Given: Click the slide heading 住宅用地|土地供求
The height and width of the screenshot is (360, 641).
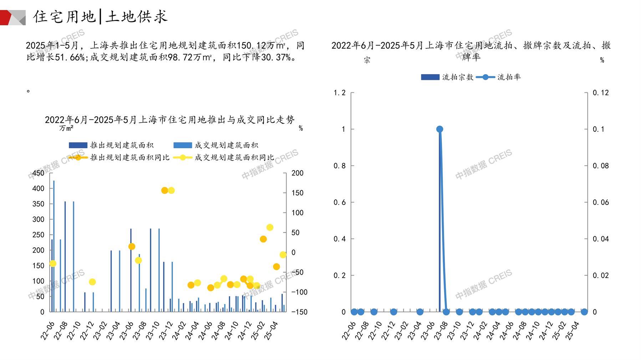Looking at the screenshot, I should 100,16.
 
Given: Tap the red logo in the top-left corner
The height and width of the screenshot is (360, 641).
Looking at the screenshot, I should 13,17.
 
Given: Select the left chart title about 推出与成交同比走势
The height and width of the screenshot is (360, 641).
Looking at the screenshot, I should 170,120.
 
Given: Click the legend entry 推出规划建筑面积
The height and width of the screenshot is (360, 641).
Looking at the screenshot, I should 111,145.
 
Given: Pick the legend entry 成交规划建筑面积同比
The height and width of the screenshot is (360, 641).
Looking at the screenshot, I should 224,158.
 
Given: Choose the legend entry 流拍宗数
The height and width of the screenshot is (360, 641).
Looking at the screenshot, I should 447,77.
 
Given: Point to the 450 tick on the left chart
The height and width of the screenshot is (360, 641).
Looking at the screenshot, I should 38,173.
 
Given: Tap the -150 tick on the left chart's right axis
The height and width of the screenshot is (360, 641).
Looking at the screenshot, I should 299,312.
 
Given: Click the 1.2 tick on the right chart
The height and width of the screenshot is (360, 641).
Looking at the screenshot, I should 340,93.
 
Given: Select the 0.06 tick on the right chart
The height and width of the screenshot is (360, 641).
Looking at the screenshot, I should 601,202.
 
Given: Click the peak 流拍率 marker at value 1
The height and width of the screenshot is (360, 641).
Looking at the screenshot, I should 439,129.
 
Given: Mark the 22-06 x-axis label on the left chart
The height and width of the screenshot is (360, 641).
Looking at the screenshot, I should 48,330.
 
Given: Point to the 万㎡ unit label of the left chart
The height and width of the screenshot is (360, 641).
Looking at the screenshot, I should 66,128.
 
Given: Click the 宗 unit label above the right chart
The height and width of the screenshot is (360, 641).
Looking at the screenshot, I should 367,60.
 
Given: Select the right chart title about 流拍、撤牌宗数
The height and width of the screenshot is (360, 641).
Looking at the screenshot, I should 471,51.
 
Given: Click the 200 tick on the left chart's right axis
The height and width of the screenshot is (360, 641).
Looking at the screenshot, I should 297,173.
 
